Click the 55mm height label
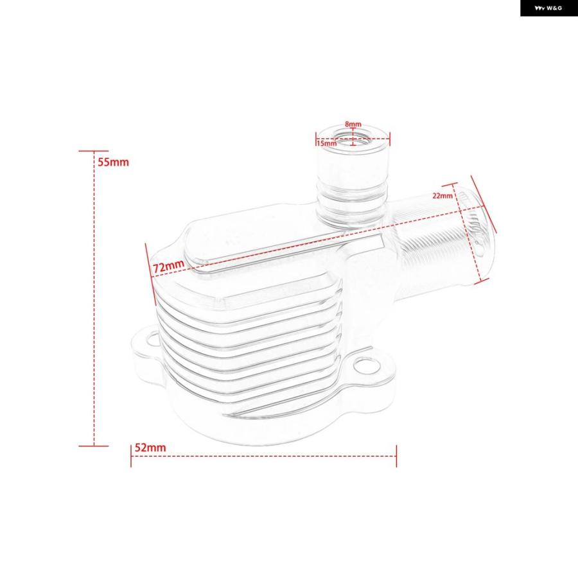point(113,162)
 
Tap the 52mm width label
point(150,448)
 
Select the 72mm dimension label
point(168,265)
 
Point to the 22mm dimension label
point(442,195)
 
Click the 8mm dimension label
point(353,124)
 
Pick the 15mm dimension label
point(327,143)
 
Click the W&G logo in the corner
point(549,8)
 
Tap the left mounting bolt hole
point(152,338)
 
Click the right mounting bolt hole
point(367,365)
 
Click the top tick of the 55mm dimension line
point(94,151)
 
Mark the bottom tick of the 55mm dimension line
point(94,446)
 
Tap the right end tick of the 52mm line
point(396,456)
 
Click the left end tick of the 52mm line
point(131,456)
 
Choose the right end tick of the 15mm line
point(390,139)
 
